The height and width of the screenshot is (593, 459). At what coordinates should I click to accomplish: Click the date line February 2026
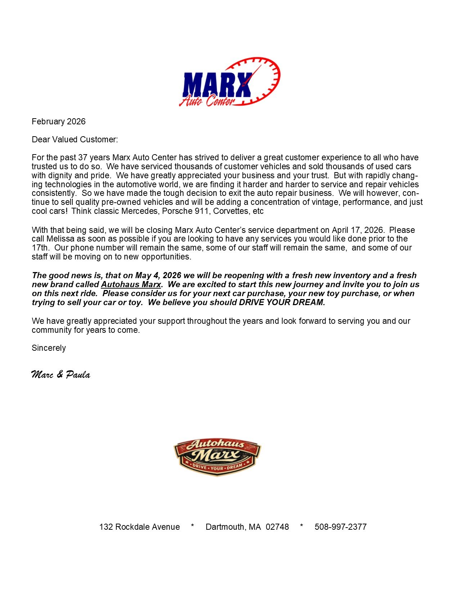point(59,121)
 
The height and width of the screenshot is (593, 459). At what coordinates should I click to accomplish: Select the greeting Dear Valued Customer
point(75,139)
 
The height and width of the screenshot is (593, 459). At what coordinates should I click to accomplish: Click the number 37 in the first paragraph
point(83,157)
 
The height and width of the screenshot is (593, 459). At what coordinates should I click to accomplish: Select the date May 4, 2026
point(158,275)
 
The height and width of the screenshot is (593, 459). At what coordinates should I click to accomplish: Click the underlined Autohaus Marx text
point(131,284)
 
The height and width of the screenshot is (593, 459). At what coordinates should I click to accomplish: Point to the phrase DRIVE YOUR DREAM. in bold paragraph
point(282,302)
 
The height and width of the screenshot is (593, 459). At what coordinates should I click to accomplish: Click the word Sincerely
point(49,348)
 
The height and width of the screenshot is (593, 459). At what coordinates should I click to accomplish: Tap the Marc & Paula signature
point(60,374)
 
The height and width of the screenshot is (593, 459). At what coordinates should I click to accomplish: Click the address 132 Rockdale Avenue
point(139,527)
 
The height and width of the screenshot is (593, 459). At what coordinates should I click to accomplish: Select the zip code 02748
point(277,527)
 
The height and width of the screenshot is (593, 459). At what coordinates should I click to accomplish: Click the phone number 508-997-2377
point(341,527)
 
